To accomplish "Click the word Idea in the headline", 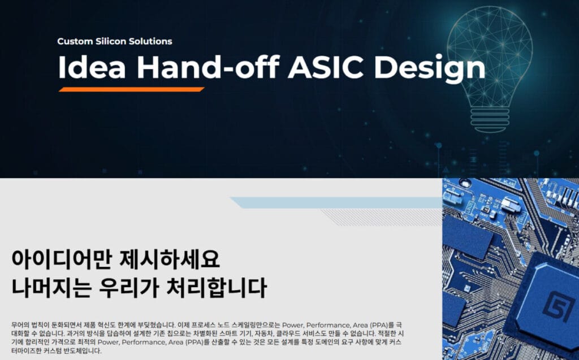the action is pos(92,67).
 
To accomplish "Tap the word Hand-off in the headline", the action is pos(208,67).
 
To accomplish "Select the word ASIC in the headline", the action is pos(326,67).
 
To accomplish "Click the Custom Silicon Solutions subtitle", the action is pos(114,41).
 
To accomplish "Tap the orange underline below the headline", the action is pos(131,89).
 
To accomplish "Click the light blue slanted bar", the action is pos(336,203).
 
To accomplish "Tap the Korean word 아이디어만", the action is pos(61,259).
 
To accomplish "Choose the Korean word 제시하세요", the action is pos(170,259).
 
